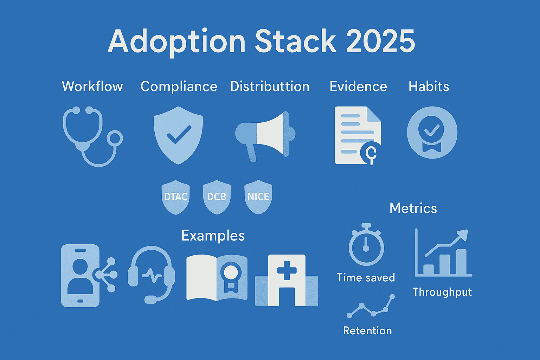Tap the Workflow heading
[x=92, y=86]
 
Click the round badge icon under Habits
[x=432, y=133]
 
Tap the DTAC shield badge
[x=175, y=197]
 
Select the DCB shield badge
[x=217, y=197]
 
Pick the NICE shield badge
[x=258, y=197]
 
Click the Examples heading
[x=213, y=236]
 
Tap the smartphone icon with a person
[x=81, y=276]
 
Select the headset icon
[x=152, y=274]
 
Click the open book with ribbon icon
[x=217, y=278]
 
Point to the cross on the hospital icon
[x=287, y=270]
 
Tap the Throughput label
[x=442, y=292]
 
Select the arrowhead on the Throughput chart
[x=463, y=234]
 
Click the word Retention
[x=367, y=331]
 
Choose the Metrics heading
[x=413, y=208]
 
